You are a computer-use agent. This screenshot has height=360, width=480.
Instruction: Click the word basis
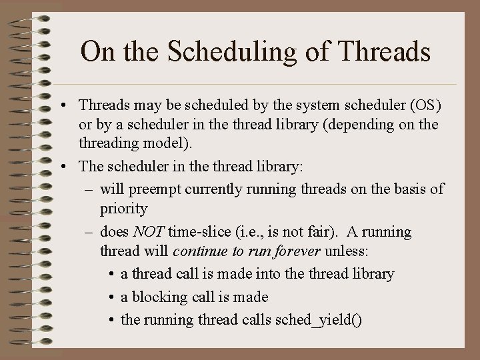tap(407, 190)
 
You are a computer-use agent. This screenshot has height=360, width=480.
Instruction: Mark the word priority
tap(124, 209)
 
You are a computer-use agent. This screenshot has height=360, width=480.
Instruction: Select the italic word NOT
tap(149, 232)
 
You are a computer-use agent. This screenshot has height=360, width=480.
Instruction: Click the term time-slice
tap(199, 232)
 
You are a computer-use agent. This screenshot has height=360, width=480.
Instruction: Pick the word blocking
tap(159, 297)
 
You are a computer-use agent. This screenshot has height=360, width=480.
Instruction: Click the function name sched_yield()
tap(319, 321)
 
